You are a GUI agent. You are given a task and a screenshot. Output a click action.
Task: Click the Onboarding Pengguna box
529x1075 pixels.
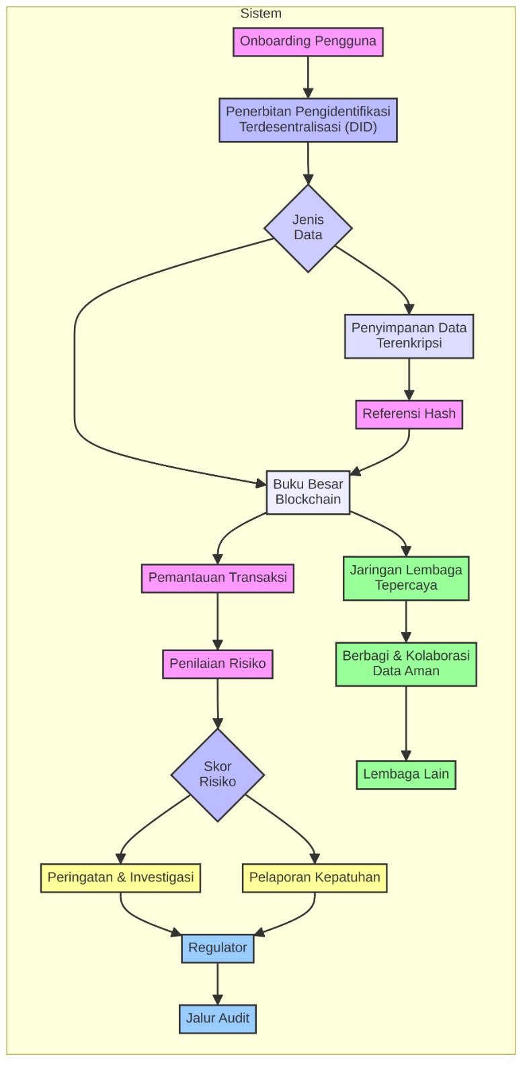pos(308,42)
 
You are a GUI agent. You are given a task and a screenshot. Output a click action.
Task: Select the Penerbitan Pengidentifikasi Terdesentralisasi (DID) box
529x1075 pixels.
pos(308,120)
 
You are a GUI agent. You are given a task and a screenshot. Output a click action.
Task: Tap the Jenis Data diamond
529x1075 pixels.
pos(308,228)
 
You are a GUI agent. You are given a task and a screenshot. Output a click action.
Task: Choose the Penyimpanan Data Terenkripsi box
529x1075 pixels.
pos(409,336)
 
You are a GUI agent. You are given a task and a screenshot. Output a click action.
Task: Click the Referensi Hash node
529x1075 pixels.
pos(409,414)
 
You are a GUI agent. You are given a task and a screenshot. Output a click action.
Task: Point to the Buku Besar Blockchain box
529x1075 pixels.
pos(308,492)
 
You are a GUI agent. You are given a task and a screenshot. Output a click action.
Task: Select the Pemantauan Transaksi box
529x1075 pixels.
pos(218,578)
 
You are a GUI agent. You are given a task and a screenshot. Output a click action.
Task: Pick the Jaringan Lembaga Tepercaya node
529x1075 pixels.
pos(406,578)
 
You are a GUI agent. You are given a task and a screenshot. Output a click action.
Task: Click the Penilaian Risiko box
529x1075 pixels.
pos(218,664)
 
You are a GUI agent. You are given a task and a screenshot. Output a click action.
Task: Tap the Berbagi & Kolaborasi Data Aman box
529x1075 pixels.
pos(406,664)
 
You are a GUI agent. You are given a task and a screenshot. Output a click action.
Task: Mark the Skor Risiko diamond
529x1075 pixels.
pos(218,775)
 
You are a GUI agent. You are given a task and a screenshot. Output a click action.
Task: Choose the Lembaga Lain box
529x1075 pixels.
pos(406,775)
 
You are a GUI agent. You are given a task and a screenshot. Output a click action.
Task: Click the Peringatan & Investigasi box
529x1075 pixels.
pos(120,877)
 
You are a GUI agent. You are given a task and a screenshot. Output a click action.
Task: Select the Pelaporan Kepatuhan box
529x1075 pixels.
pos(315,877)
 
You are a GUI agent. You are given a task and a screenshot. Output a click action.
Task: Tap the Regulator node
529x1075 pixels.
pos(218,948)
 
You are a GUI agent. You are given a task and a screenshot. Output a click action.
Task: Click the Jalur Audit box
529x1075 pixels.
pos(218,1019)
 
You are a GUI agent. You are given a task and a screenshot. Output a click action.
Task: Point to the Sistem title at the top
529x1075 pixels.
pos(261,13)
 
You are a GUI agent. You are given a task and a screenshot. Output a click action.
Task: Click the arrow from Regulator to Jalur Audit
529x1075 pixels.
pos(218,984)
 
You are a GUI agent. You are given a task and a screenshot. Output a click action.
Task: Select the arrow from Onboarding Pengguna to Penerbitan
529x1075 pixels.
pos(308,77)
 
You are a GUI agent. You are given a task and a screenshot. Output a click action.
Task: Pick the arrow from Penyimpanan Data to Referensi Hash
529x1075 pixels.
pos(409,379)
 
